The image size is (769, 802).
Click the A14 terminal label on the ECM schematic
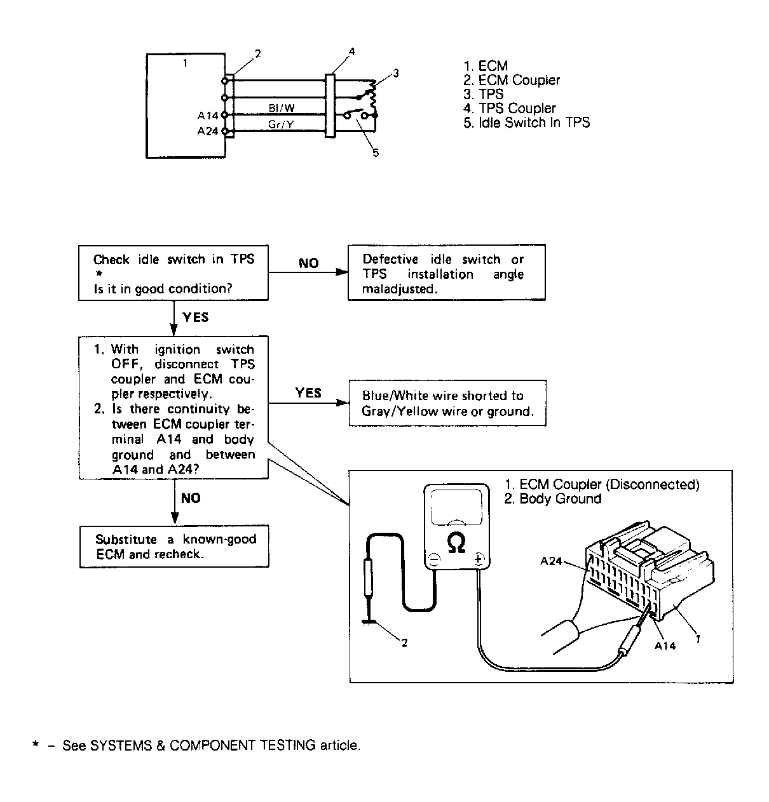[x=207, y=116]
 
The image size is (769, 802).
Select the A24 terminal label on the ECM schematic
[x=207, y=131]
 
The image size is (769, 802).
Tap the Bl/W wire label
[x=282, y=109]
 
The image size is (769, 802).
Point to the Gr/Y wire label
[x=280, y=124]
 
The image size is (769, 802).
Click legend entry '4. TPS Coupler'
[x=510, y=108]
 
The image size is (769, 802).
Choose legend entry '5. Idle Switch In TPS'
[x=527, y=123]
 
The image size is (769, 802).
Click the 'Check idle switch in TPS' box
[x=174, y=273]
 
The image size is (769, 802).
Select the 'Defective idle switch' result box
[x=446, y=273]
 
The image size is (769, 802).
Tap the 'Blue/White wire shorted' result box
[x=447, y=403]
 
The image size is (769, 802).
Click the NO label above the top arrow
[x=308, y=263]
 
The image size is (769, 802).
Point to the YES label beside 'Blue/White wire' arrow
[x=308, y=393]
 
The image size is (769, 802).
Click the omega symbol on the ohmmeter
[x=456, y=543]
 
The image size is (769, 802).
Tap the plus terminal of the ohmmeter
[x=478, y=559]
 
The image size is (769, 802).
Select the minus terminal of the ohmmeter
[x=434, y=559]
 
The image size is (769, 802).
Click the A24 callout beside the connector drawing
[x=551, y=561]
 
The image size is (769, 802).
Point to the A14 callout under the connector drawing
[x=665, y=646]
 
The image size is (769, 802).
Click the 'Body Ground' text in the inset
[x=553, y=498]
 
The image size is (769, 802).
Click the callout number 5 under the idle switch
[x=376, y=153]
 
